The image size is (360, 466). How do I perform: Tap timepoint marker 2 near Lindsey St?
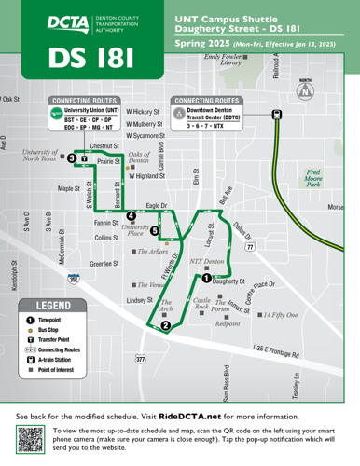click(165, 325)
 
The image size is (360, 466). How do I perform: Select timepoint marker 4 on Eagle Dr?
click(131, 216)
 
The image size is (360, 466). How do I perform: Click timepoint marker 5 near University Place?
click(155, 230)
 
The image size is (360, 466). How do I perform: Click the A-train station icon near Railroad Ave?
click(276, 114)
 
